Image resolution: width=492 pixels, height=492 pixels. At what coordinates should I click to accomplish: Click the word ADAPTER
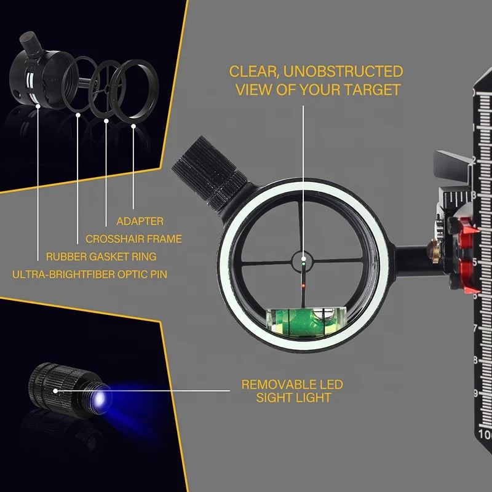[x=140, y=221]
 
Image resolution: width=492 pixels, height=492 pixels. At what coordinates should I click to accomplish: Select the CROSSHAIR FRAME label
[x=133, y=239]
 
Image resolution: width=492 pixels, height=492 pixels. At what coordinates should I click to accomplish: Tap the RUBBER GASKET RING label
[x=101, y=256]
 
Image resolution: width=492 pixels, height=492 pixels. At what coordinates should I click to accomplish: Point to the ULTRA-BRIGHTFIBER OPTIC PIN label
[x=90, y=274]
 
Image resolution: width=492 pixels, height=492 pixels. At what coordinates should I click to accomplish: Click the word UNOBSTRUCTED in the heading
[x=343, y=71]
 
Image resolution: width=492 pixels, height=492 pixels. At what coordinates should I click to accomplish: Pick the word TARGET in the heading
[x=372, y=90]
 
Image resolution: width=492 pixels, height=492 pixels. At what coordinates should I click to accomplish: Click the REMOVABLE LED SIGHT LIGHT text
[x=293, y=391]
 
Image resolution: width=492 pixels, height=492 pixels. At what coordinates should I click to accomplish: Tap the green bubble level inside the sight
[x=306, y=322]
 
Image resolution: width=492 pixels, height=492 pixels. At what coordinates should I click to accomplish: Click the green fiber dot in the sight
[x=303, y=264]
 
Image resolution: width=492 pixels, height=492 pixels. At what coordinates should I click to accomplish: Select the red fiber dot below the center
[x=303, y=285]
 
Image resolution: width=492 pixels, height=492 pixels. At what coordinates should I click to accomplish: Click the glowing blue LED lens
[x=100, y=398]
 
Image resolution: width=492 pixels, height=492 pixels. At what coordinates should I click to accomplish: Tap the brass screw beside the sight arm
[x=435, y=251]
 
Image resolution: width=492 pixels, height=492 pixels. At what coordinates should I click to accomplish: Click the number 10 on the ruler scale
[x=485, y=435]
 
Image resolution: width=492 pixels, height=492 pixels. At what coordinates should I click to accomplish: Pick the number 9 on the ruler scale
[x=475, y=393]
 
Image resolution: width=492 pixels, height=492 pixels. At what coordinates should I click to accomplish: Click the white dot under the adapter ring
[x=133, y=126]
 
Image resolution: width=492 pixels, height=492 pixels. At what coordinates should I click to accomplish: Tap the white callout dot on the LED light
[x=55, y=391]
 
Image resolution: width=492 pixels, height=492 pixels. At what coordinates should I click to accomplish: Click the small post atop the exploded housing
[x=31, y=43]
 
